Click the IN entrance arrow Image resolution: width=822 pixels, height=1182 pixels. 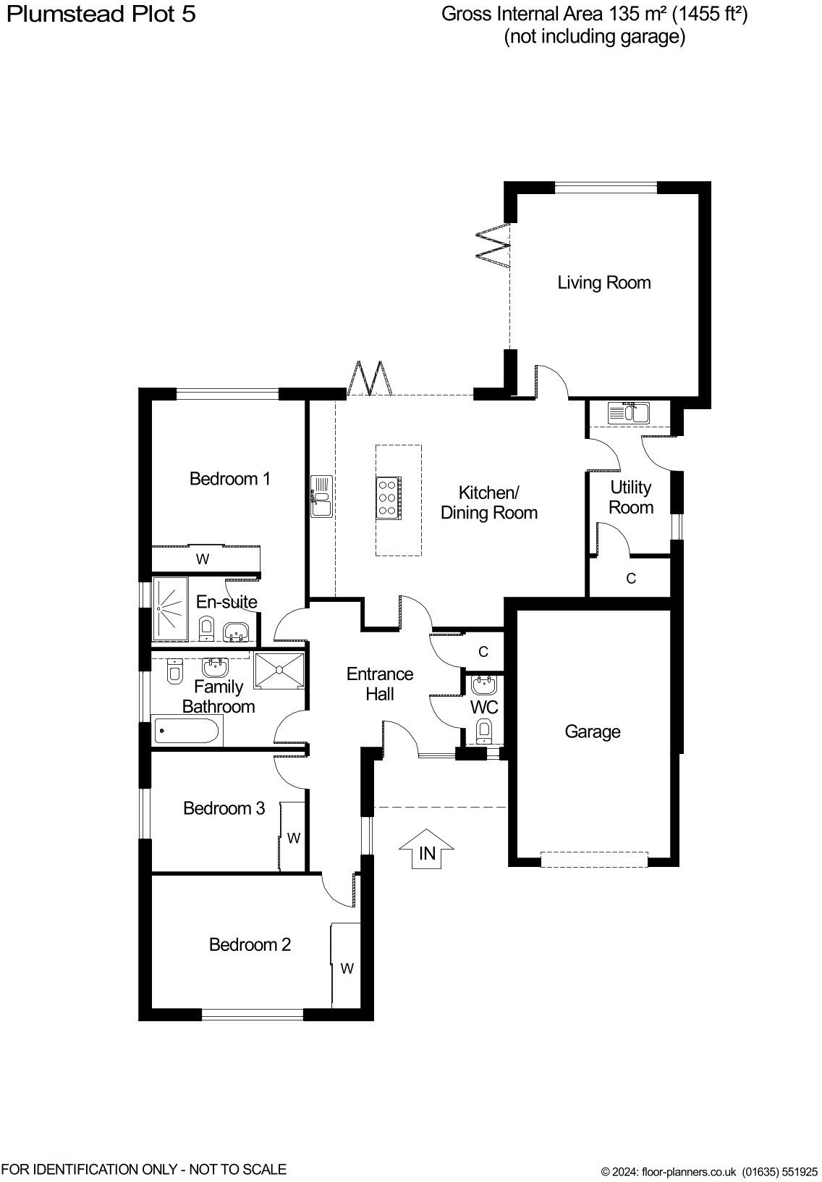[426, 849]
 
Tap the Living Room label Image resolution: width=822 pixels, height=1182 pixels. [604, 283]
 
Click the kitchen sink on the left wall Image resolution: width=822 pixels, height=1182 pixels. [321, 496]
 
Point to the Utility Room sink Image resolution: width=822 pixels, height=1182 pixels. [629, 413]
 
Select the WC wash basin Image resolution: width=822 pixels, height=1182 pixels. [483, 684]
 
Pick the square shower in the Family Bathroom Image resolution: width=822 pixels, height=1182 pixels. [279, 671]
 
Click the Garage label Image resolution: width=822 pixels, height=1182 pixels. [593, 732]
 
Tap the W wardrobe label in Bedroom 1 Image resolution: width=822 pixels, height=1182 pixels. [203, 559]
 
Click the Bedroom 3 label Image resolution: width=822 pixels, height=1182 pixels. [224, 808]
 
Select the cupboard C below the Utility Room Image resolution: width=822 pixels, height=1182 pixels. [630, 579]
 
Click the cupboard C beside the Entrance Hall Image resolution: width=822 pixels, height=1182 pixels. [483, 652]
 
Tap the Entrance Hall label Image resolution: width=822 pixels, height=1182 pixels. [380, 684]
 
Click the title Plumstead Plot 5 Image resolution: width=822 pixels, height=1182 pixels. [101, 14]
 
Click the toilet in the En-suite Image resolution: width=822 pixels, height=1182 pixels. [206, 628]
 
